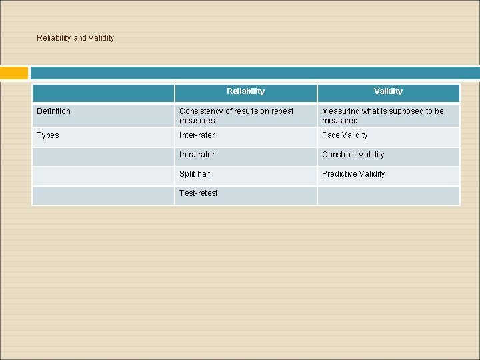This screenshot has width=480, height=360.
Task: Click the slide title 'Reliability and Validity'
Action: (75, 38)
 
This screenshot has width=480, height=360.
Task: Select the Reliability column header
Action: (245, 91)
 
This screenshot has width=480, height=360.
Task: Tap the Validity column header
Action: (388, 91)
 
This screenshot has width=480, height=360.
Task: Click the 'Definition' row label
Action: (53, 111)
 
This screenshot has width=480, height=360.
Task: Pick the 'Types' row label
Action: (48, 135)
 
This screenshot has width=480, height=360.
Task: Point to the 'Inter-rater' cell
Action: (197, 135)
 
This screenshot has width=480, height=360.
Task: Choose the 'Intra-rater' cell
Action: (197, 155)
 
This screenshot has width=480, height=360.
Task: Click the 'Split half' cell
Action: (195, 174)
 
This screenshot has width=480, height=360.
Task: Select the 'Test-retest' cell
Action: (199, 193)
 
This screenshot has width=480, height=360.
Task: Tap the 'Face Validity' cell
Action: (345, 135)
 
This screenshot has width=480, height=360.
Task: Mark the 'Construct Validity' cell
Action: (353, 155)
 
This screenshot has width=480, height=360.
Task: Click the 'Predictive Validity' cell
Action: (353, 174)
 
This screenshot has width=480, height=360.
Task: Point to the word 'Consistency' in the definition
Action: (201, 111)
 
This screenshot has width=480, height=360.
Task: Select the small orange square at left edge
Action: (14, 73)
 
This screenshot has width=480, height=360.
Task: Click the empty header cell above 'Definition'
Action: (103, 93)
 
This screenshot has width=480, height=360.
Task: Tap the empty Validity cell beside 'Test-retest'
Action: (388, 195)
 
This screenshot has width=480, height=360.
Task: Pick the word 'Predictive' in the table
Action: (340, 174)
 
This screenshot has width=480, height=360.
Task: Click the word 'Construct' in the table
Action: (339, 155)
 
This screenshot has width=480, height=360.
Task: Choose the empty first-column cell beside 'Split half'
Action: (103, 175)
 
